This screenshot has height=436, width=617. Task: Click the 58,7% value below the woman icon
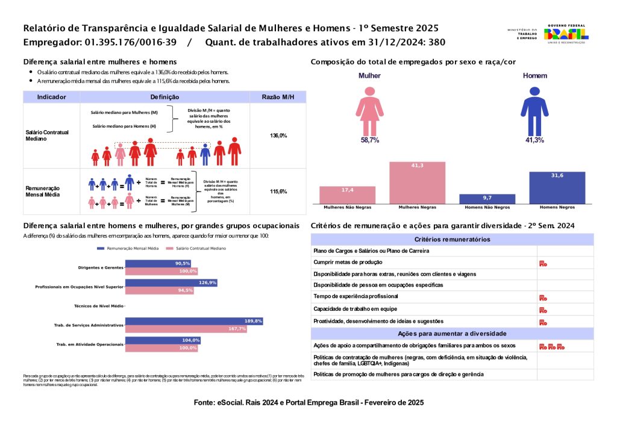(369, 140)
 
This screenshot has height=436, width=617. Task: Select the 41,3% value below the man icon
(534, 140)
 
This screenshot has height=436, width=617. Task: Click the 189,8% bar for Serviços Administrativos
(194, 321)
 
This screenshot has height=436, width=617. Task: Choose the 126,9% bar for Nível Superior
(171, 282)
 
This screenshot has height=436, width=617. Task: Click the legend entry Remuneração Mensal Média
(128, 248)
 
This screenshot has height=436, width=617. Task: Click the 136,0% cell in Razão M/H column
(278, 135)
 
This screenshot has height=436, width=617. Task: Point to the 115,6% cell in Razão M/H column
(278, 192)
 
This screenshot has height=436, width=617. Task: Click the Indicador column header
(52, 97)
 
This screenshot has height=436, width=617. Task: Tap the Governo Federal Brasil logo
(566, 34)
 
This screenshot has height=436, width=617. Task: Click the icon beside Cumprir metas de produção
(542, 263)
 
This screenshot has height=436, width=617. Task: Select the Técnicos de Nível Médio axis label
(98, 306)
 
